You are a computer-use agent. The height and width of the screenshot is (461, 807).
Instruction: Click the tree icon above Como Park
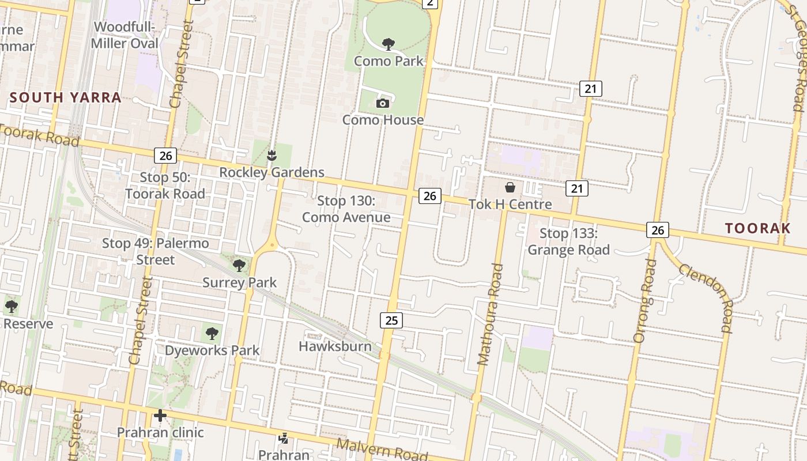tap(389, 44)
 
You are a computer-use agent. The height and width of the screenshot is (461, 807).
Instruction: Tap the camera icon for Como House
tap(382, 103)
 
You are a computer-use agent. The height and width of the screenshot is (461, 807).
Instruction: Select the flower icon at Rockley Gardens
tap(271, 155)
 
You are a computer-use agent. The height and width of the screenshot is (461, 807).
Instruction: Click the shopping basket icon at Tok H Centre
tap(510, 187)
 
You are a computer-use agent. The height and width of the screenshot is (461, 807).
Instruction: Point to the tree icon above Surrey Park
tap(239, 266)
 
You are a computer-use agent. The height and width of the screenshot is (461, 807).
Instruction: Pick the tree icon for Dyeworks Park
tap(212, 333)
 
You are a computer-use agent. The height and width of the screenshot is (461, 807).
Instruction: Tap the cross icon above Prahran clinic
tap(160, 415)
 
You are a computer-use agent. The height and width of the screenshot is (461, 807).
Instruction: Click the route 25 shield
tap(391, 320)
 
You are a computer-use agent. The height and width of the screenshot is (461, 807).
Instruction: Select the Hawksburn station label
tap(335, 346)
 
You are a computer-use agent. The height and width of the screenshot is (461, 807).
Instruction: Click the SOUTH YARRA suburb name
tap(65, 97)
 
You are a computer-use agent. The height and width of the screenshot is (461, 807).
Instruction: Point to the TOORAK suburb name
tap(758, 228)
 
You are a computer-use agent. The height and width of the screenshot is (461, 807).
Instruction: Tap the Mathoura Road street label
tap(491, 315)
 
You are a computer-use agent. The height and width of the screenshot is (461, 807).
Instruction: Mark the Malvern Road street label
tap(382, 449)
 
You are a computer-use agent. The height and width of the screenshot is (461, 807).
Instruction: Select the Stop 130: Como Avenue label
tap(346, 209)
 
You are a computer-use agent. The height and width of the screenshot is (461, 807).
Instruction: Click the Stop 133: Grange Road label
tap(569, 241)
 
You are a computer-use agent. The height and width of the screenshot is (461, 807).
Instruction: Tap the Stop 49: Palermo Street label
tap(156, 251)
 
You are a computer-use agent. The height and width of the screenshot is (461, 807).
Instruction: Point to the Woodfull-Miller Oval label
tap(125, 35)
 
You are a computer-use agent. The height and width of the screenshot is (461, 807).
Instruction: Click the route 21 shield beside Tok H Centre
tap(576, 188)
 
